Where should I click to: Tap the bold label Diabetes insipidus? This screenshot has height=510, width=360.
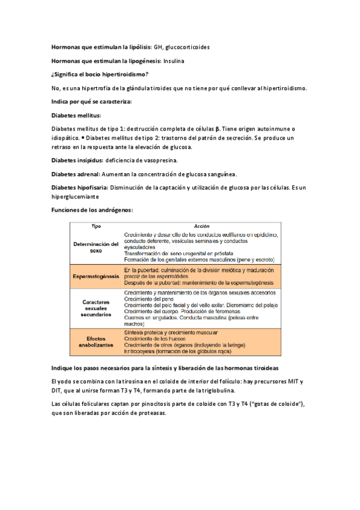[x=77, y=161]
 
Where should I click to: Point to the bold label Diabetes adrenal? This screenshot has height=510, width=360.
[x=76, y=174]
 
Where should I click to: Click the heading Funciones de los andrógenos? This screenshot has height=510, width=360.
[x=92, y=209]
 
